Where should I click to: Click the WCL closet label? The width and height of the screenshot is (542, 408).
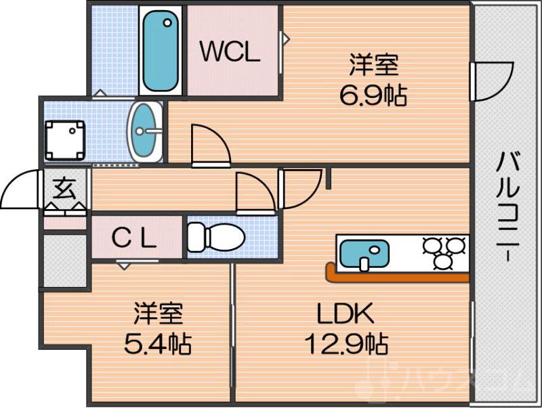coord(230,52)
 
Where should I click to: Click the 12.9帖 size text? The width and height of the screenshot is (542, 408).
coord(345,344)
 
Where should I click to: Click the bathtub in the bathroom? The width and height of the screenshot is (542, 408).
coord(161,51)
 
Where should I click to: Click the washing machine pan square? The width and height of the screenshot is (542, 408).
coord(65,140)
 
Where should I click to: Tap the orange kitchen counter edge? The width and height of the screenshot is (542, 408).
coord(397,277)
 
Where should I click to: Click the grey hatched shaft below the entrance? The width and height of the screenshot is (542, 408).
coord(65,260)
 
